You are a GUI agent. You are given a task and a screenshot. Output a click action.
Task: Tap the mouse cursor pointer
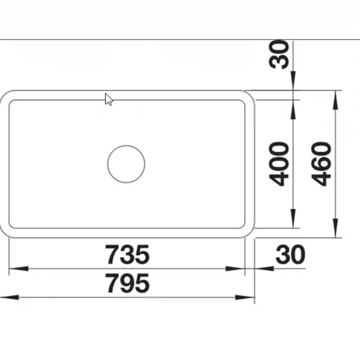click(109, 100)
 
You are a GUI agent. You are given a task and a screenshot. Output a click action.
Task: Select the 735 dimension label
click(127, 254)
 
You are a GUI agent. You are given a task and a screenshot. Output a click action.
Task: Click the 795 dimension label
click(127, 283)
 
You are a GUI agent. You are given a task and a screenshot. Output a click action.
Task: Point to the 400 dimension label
click(278, 164)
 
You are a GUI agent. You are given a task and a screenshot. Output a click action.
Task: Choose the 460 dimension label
click(321, 164)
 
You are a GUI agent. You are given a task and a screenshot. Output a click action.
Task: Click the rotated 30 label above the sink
click(278, 55)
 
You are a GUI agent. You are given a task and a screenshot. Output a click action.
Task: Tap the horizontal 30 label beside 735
click(290, 254)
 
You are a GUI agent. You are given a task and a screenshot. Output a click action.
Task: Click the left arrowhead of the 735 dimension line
click(19, 268)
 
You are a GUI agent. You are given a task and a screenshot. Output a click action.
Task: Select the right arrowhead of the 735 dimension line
click(235, 268)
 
